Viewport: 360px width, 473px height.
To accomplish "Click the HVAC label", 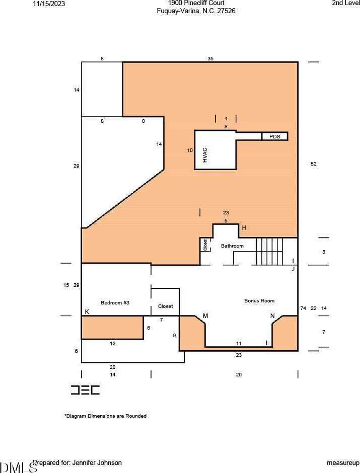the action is pyautogui.click(x=205, y=155).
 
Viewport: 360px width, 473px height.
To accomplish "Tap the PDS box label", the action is pyautogui.click(x=274, y=137).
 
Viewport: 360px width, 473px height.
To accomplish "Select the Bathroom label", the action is pyautogui.click(x=232, y=246).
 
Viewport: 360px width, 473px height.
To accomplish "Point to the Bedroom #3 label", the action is pyautogui.click(x=115, y=302).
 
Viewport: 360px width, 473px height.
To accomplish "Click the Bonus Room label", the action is pyautogui.click(x=259, y=301).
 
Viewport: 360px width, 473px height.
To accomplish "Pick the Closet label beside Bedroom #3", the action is pyautogui.click(x=165, y=306).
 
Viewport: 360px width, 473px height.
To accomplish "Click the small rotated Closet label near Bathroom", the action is pyautogui.click(x=205, y=245).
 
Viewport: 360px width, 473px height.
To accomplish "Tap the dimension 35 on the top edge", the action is pyautogui.click(x=210, y=58).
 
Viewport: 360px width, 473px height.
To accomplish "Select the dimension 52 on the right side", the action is pyautogui.click(x=314, y=164).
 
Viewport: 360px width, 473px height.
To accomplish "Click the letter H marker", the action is pyautogui.click(x=244, y=228).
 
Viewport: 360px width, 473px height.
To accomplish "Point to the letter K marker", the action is pyautogui.click(x=87, y=312).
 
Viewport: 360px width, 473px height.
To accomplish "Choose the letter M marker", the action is pyautogui.click(x=205, y=316).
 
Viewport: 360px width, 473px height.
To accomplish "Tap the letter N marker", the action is pyautogui.click(x=272, y=316).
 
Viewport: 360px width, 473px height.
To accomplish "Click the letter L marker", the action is pyautogui.click(x=267, y=343).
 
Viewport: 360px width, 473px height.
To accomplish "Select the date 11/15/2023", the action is pyautogui.click(x=49, y=4).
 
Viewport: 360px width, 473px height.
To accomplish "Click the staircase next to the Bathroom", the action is pyautogui.click(x=269, y=251).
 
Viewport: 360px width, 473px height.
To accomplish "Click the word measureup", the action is pyautogui.click(x=343, y=463).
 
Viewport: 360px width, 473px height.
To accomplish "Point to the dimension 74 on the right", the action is pyautogui.click(x=303, y=308).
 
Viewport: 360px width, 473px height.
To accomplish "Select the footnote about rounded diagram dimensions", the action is pyautogui.click(x=105, y=416).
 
